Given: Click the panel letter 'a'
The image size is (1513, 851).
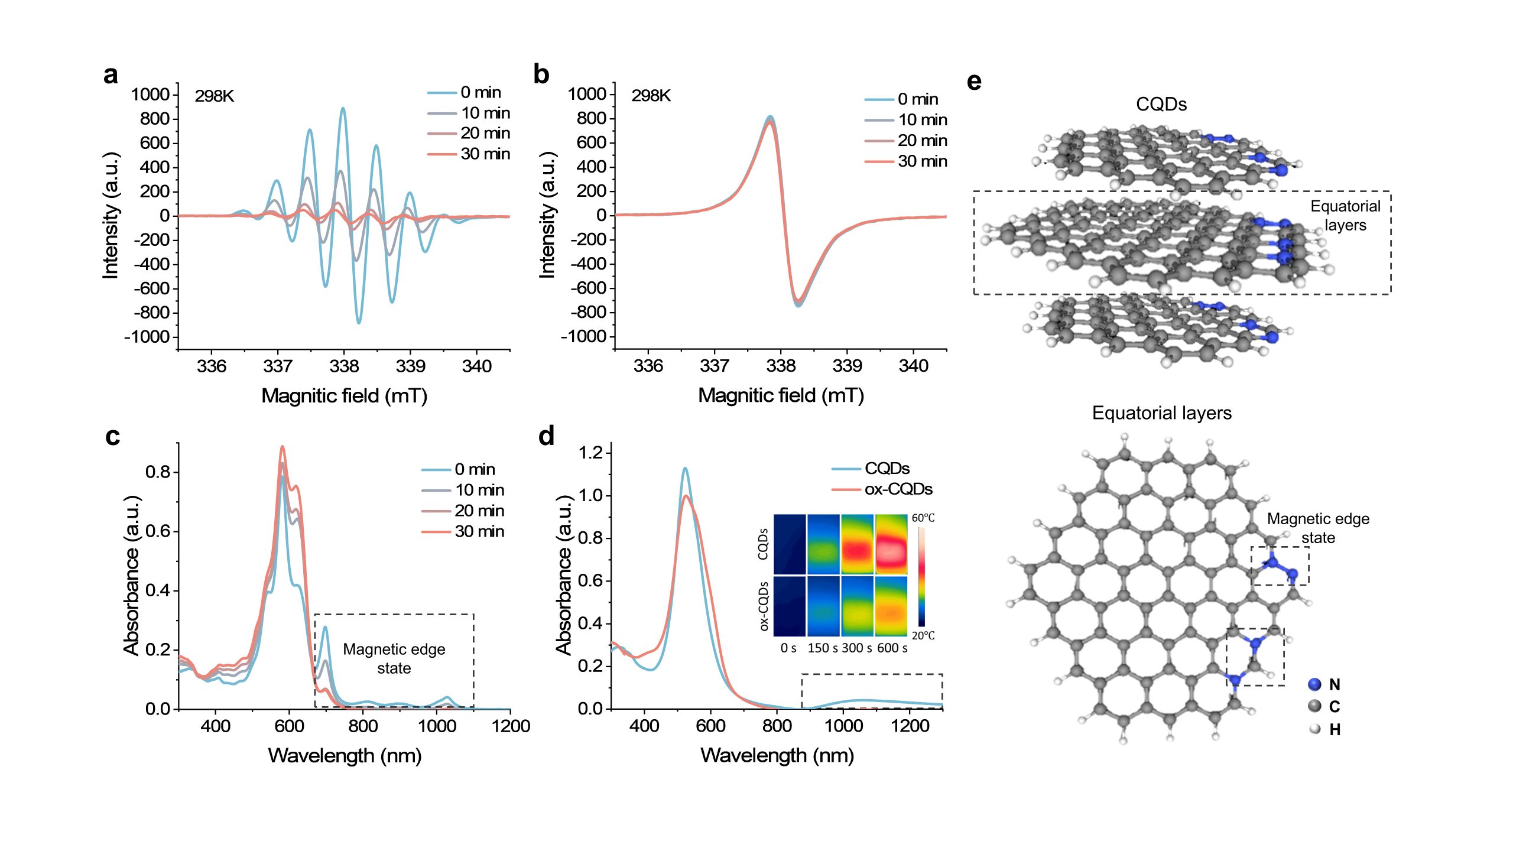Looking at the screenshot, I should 111,76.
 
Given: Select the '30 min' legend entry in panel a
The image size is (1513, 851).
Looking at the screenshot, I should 485,154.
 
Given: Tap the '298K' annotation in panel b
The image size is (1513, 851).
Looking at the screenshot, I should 651,96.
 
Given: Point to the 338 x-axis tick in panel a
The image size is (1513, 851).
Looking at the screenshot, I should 344,366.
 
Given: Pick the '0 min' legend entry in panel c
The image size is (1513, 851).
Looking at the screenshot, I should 475,469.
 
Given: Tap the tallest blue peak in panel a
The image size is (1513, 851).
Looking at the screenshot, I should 343,109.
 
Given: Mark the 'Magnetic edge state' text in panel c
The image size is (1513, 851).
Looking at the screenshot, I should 394,658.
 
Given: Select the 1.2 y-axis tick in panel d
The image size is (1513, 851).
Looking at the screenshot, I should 590,453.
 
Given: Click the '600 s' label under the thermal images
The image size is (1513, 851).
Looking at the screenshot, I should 892,648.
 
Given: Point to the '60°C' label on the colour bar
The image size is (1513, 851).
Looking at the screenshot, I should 923,518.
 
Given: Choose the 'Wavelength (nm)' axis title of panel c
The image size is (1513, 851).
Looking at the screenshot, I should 345,755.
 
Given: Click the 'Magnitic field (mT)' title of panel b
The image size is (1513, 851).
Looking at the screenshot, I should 781,395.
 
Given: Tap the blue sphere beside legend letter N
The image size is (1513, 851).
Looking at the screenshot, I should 1314,684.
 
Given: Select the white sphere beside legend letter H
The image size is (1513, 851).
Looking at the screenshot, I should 1314,729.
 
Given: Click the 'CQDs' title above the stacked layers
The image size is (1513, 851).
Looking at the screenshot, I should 1161,105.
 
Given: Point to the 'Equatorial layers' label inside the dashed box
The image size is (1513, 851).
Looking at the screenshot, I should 1345,216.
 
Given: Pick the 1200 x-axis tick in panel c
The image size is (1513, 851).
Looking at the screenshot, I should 511,726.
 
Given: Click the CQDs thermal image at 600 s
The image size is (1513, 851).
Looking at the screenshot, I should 891,544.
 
